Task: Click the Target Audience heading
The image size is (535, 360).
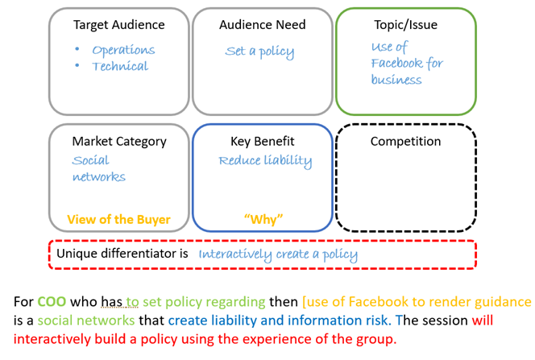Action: click(x=118, y=25)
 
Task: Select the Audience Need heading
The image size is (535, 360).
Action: click(x=262, y=25)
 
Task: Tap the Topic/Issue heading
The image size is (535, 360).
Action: click(x=406, y=25)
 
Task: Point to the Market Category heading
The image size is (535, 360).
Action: click(x=118, y=141)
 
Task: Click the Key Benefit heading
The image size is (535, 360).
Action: click(x=262, y=141)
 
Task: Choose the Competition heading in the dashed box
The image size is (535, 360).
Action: click(x=405, y=141)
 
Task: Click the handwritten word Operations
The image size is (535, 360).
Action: click(x=123, y=50)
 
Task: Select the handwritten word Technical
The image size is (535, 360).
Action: click(x=120, y=66)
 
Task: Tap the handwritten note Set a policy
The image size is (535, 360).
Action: click(x=259, y=52)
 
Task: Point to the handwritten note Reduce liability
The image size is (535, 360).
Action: click(x=265, y=160)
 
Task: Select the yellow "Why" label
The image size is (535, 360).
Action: click(x=263, y=219)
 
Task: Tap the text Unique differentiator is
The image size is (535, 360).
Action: click(x=122, y=254)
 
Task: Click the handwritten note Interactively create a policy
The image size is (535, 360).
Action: click(x=278, y=254)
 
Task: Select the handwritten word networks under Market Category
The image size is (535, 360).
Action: click(x=98, y=176)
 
